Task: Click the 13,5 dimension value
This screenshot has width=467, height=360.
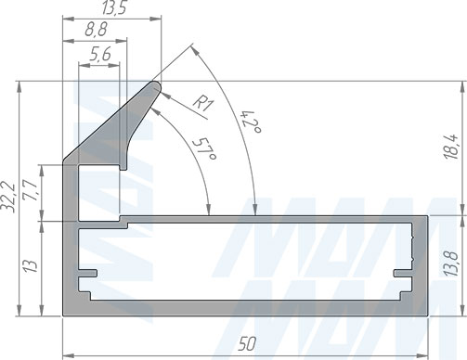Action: pyautogui.click(x=114, y=7)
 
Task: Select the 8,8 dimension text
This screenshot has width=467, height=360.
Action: pyautogui.click(x=96, y=30)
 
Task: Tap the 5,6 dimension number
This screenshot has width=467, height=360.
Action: pyautogui.click(x=100, y=54)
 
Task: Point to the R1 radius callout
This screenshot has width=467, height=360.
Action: pyautogui.click(x=202, y=103)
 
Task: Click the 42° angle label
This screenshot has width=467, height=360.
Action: pyautogui.click(x=252, y=122)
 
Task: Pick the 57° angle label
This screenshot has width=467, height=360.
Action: pyautogui.click(x=204, y=149)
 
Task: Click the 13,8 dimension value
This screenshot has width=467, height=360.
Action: pyautogui.click(x=451, y=264)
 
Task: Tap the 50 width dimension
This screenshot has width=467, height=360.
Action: pyautogui.click(x=247, y=343)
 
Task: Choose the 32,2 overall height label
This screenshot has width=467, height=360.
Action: pyautogui.click(x=8, y=197)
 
